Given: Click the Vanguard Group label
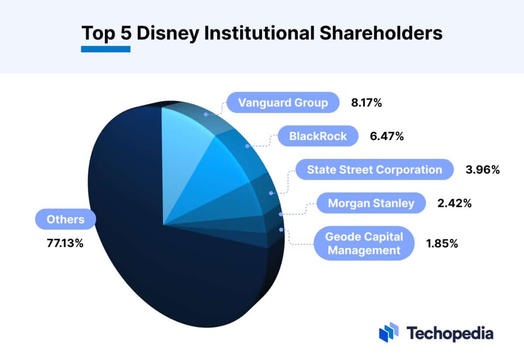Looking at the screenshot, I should pyautogui.click(x=283, y=103).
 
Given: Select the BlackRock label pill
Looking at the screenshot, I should pyautogui.click(x=318, y=136).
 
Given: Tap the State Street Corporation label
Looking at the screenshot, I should pyautogui.click(x=374, y=169).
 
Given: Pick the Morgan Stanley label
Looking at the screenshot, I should pyautogui.click(x=371, y=203).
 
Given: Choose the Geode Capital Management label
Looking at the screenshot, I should pyautogui.click(x=364, y=243).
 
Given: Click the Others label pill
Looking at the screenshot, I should pyautogui.click(x=65, y=219).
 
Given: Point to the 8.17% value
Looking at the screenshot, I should pyautogui.click(x=366, y=103).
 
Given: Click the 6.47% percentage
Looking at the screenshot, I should pyautogui.click(x=387, y=137).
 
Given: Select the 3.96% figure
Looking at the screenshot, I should pyautogui.click(x=483, y=170).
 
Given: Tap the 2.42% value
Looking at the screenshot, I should pyautogui.click(x=454, y=203).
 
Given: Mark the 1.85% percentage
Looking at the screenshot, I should pyautogui.click(x=441, y=243).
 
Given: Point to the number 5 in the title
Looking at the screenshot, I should pyautogui.click(x=126, y=33).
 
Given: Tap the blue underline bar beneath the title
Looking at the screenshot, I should pyautogui.click(x=106, y=49).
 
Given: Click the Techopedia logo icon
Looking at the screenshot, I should pyautogui.click(x=389, y=333).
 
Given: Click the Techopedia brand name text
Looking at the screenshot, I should pyautogui.click(x=450, y=333).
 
